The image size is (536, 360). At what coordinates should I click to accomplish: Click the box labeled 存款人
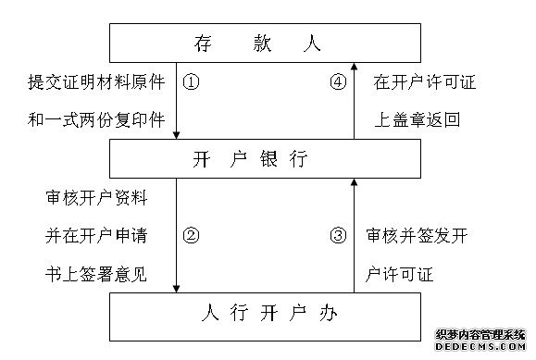[258, 41]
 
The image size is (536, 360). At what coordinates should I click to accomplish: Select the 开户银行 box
[258, 159]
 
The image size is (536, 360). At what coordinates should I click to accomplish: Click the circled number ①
[193, 81]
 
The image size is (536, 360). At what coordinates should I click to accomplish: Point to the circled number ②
[193, 234]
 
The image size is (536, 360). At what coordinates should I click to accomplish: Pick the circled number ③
[338, 234]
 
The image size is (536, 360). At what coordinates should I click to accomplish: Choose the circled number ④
[338, 81]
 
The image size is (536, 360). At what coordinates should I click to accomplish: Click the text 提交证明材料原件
[96, 81]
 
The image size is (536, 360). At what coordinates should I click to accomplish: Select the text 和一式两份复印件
[96, 119]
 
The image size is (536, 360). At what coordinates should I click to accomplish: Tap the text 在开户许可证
[425, 81]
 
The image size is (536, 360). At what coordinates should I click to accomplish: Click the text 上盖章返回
[418, 119]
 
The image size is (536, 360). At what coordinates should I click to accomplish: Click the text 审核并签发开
[418, 234]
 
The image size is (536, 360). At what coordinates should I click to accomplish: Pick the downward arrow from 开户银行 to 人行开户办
[176, 236]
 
